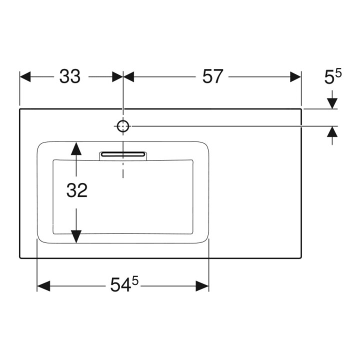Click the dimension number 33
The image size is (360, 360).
(x=70, y=76)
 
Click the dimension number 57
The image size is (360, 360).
(x=212, y=76)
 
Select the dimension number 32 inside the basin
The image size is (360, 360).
(x=77, y=190)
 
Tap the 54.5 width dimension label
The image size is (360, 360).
(x=124, y=284)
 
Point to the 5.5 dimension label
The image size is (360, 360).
(x=332, y=76)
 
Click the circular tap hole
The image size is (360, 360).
(x=123, y=126)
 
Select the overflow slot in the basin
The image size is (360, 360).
(x=123, y=154)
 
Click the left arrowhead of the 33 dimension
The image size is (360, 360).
(x=25, y=76)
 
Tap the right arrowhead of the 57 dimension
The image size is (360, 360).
(x=295, y=76)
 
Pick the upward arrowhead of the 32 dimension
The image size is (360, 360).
(x=76, y=148)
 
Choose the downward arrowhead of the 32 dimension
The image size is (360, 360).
(x=76, y=236)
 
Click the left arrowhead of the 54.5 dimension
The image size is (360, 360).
(x=43, y=286)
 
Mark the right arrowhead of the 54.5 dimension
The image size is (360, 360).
(x=202, y=286)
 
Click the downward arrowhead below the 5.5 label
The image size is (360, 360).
(x=332, y=103)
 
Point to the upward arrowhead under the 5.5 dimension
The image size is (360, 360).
(x=332, y=132)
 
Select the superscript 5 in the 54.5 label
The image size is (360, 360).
(x=135, y=280)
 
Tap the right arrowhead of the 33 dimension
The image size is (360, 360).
(x=117, y=76)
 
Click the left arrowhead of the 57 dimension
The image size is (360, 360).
(x=129, y=76)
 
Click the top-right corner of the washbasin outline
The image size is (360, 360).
(x=301, y=109)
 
